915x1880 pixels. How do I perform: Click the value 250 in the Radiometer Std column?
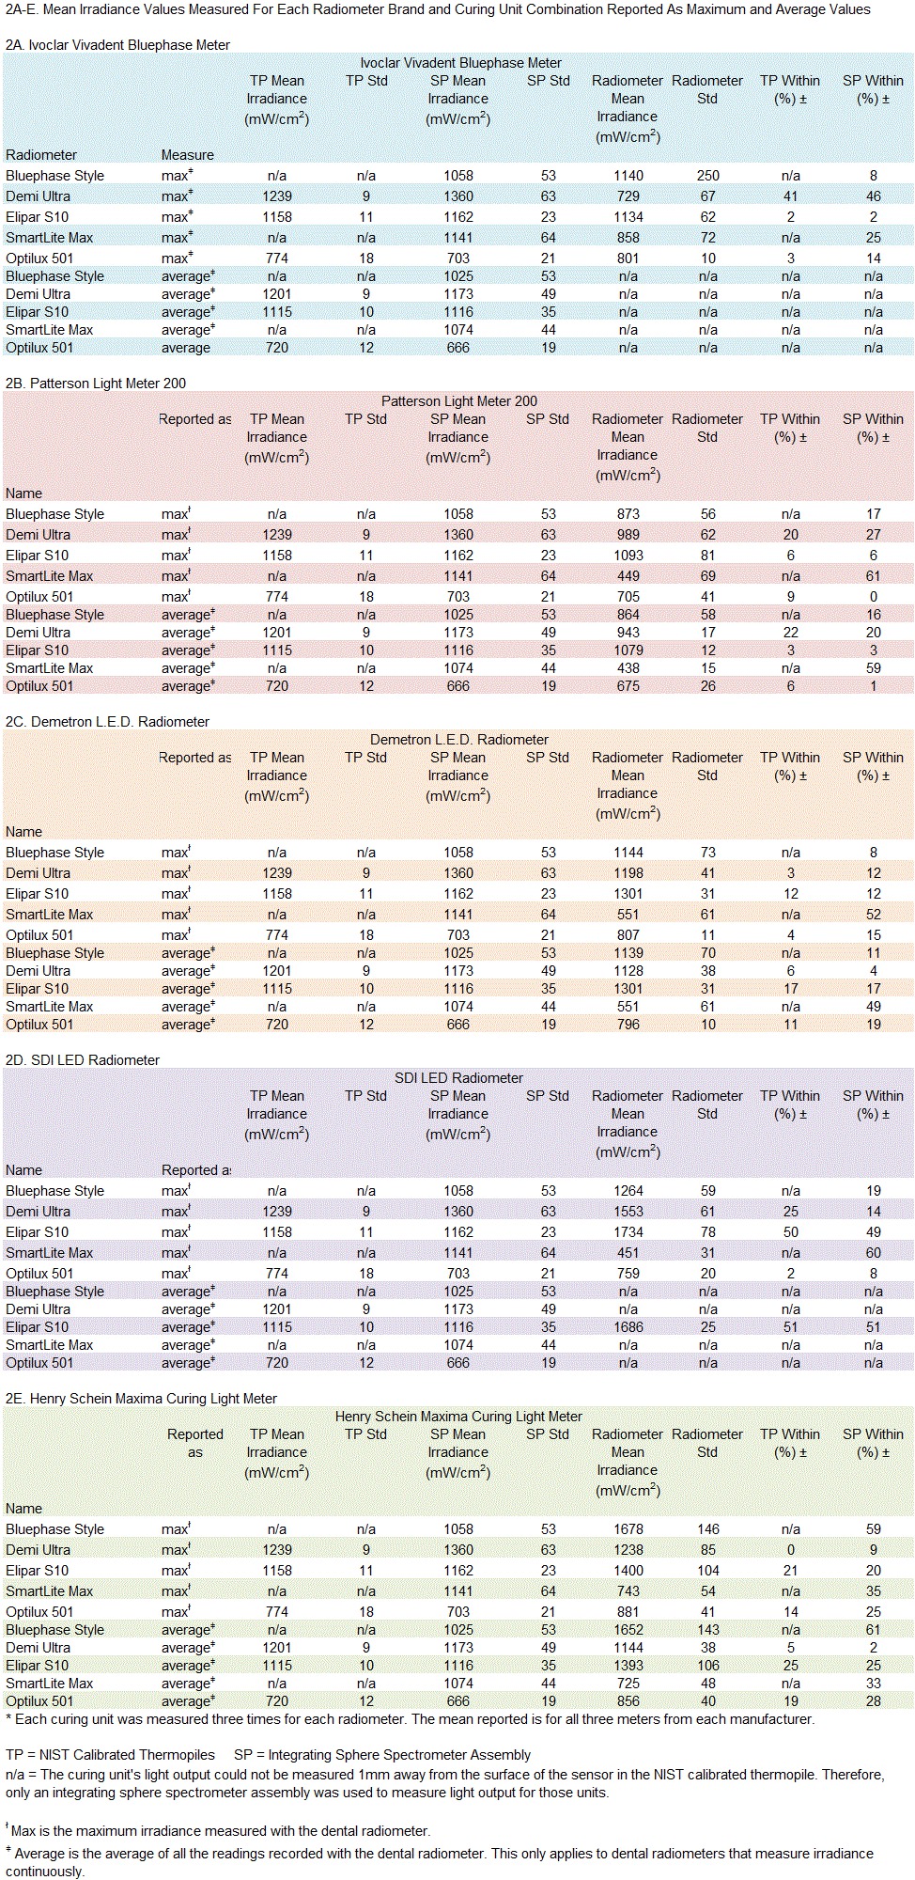click(707, 176)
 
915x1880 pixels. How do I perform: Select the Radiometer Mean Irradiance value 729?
click(628, 196)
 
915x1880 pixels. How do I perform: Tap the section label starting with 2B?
click(96, 384)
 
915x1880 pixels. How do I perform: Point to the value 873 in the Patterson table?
click(628, 514)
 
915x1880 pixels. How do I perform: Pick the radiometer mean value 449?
click(628, 576)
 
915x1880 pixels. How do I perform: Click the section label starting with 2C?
click(107, 722)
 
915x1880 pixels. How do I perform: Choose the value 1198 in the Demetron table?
click(628, 873)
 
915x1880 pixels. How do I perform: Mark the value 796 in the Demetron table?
click(628, 1025)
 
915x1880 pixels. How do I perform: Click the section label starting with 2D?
click(83, 1060)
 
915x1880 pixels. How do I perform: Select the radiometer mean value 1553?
click(628, 1212)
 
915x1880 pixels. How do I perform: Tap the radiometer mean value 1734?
click(628, 1232)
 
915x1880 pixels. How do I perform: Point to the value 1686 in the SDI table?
click(628, 1327)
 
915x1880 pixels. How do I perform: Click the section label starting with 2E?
click(141, 1399)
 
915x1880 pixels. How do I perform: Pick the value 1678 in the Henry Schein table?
click(628, 1529)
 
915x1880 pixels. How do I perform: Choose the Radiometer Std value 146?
click(707, 1529)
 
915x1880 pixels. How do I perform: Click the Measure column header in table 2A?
click(187, 155)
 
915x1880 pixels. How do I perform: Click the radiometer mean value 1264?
click(628, 1191)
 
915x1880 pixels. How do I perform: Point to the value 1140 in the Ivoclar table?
click(628, 176)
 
